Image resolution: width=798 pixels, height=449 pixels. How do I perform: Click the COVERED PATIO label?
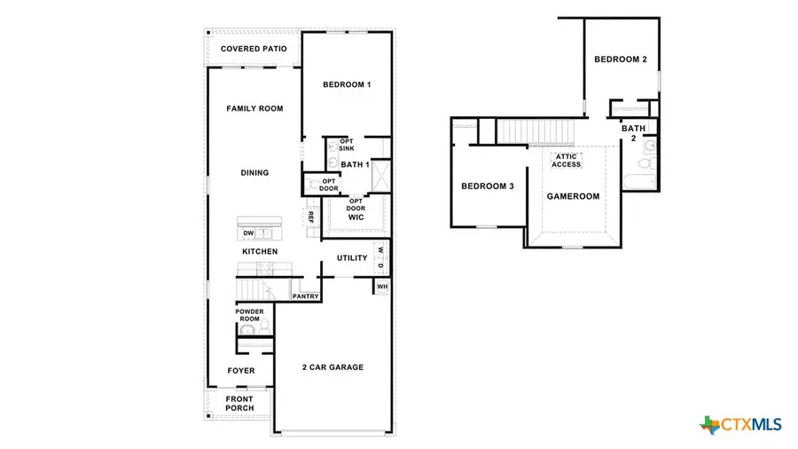[x=254, y=48]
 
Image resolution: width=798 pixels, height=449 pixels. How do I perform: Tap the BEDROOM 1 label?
[x=346, y=85]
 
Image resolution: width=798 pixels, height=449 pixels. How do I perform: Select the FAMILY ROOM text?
[x=254, y=108]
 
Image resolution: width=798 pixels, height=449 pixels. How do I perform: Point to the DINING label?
[x=254, y=173]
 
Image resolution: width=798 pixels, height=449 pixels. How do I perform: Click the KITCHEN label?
[x=260, y=252]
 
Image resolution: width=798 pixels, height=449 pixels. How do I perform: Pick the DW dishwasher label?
[x=249, y=233]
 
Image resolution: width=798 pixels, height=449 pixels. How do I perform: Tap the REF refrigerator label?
[x=311, y=217]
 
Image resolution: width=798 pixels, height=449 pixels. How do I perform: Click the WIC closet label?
[x=356, y=217]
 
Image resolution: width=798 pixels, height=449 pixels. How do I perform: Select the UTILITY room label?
[x=352, y=258]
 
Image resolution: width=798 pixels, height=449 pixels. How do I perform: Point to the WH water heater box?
[x=382, y=287]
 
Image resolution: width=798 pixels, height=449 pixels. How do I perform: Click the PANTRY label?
[x=306, y=296]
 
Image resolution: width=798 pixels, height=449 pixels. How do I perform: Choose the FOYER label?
[x=241, y=371]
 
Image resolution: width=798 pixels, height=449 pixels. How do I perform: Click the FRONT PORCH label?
[x=239, y=404]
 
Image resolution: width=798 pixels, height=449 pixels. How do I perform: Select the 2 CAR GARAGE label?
[x=332, y=367]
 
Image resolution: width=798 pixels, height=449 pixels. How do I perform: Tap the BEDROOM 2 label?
[x=620, y=59]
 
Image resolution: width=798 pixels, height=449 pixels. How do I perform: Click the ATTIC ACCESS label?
[x=567, y=161]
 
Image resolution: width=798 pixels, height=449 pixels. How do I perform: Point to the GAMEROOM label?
[x=573, y=196]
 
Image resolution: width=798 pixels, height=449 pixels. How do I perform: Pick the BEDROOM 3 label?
[x=487, y=186]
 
